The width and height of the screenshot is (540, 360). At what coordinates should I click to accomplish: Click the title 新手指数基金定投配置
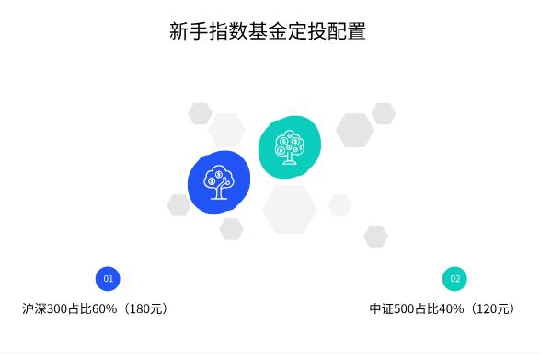click(268, 30)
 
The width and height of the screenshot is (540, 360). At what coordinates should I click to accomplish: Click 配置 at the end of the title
click(347, 30)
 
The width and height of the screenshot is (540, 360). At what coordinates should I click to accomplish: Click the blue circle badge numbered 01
click(108, 278)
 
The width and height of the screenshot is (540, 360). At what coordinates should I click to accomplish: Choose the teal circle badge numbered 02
click(454, 278)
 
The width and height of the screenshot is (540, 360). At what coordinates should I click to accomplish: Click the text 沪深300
click(45, 308)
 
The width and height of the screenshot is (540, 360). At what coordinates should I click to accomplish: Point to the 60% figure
click(104, 308)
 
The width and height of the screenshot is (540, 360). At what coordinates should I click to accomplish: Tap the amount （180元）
click(144, 308)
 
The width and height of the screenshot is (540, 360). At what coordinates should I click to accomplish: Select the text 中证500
click(393, 308)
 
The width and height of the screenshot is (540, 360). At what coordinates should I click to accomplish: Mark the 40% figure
click(451, 308)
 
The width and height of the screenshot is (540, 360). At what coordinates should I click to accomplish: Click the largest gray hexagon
click(290, 209)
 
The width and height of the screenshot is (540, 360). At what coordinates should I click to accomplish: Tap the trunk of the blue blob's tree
click(217, 192)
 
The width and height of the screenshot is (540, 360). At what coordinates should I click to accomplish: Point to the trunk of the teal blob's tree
click(290, 158)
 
